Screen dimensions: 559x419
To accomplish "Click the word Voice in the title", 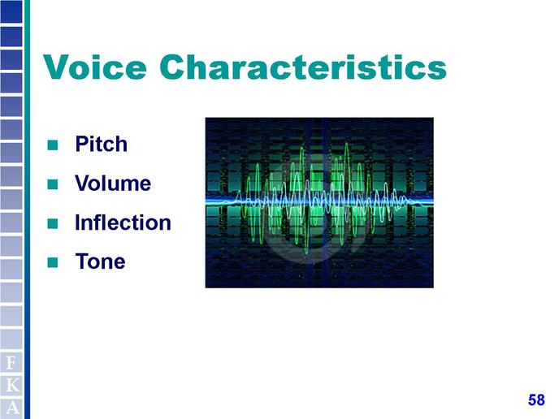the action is click(x=95, y=67).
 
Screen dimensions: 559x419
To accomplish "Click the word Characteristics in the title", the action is click(x=303, y=67).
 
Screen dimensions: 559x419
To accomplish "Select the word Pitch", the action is click(x=102, y=144).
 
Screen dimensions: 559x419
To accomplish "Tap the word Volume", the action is click(x=113, y=184).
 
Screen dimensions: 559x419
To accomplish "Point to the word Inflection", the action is click(x=123, y=222).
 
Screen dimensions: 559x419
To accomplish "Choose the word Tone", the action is click(x=100, y=261).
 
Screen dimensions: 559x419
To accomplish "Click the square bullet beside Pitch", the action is click(x=53, y=145).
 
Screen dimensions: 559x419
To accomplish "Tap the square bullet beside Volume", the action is click(x=53, y=184).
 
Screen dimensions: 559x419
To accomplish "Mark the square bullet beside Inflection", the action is click(x=53, y=223).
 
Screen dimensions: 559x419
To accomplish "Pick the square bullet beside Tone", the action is click(x=53, y=262).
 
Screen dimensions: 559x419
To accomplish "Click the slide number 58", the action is click(x=536, y=400).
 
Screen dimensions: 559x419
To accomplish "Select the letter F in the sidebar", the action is click(x=11, y=363).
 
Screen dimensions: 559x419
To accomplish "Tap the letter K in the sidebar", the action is click(x=12, y=385).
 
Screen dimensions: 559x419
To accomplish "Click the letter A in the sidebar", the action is click(x=12, y=408).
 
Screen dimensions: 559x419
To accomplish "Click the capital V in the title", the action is click(x=58, y=67).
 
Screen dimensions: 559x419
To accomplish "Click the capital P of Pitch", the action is click(x=81, y=144).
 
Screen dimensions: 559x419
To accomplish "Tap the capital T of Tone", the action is click(x=82, y=261).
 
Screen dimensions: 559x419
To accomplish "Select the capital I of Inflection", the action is click(x=77, y=222).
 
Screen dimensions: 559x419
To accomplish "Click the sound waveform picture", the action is click(x=319, y=202).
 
